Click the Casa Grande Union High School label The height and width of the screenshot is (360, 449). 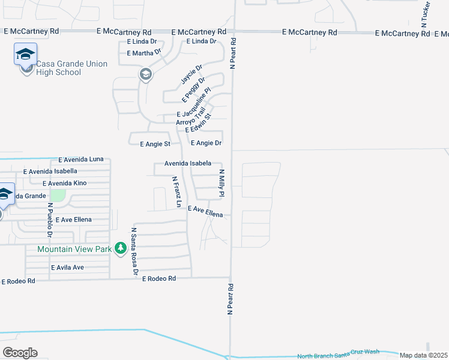click(x=71, y=68)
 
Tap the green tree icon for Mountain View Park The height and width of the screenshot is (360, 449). click(x=121, y=248)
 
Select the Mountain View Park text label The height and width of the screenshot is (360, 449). click(x=74, y=248)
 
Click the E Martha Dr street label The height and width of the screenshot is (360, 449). click(x=145, y=53)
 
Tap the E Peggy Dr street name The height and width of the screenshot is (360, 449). click(x=194, y=89)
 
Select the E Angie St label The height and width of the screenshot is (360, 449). click(x=155, y=144)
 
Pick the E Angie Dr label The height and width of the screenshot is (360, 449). click(x=206, y=143)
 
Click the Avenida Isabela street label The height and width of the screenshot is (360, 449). click(x=187, y=163)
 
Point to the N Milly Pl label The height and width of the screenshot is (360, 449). click(x=221, y=184)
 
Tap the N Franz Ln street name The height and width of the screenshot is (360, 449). click(x=177, y=191)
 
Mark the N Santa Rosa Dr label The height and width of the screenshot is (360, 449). click(x=134, y=252)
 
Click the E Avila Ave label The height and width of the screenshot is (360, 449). click(x=67, y=267)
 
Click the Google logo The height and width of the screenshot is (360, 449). click(x=20, y=353)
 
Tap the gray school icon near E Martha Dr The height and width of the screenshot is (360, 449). click(x=145, y=75)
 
